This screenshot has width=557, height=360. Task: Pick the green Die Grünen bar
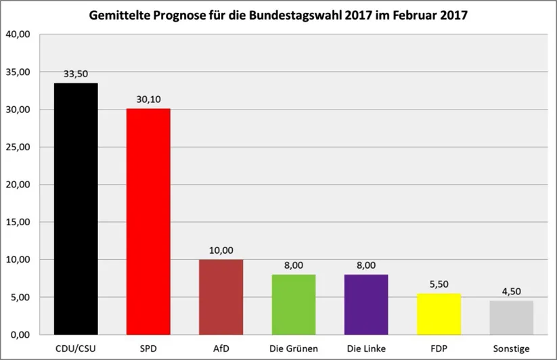click(294, 304)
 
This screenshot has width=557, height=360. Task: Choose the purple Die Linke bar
click(366, 304)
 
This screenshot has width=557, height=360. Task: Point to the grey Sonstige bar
click(512, 317)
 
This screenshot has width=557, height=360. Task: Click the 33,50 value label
click(76, 74)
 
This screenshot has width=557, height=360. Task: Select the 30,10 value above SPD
click(148, 99)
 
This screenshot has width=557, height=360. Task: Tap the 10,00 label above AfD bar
click(221, 250)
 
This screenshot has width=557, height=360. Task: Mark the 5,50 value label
click(439, 284)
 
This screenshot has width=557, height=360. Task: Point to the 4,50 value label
click(512, 291)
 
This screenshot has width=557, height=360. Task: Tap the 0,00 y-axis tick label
click(20, 335)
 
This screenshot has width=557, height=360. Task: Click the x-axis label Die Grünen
click(294, 348)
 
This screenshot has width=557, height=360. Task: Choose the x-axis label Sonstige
click(512, 348)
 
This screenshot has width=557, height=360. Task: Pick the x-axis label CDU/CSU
click(76, 348)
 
